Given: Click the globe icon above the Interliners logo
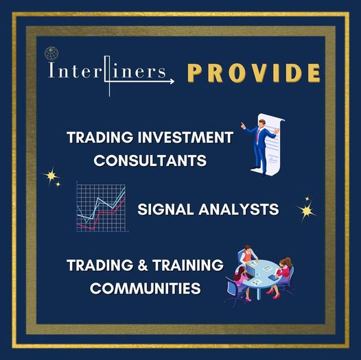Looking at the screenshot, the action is (51, 53).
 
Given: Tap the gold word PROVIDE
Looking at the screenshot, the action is (254, 73).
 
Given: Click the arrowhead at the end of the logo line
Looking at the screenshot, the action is (172, 81).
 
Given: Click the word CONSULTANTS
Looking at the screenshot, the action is (150, 160).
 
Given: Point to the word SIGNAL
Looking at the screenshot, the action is (166, 209).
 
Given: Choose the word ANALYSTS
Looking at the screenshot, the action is (239, 209).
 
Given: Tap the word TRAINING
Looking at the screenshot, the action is (188, 265).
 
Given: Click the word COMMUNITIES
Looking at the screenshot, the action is (145, 288).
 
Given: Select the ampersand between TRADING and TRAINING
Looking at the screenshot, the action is (143, 265).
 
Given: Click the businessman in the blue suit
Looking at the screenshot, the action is (259, 147).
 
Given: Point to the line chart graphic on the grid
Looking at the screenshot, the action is (102, 207).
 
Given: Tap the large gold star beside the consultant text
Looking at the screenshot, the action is (51, 176).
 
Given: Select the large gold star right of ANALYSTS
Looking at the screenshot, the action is (307, 211).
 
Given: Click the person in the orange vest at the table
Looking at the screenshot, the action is (248, 254).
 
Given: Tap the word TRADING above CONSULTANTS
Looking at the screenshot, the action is (100, 137).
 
